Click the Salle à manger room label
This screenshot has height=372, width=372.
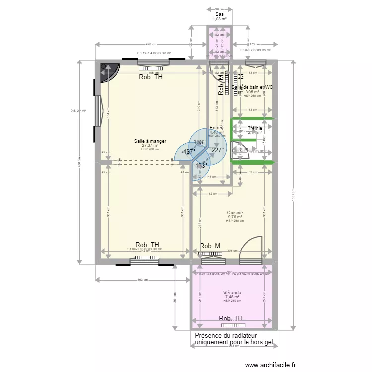pos(150,141)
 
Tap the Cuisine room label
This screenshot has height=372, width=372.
pos(235,212)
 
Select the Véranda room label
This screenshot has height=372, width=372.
pos(232,292)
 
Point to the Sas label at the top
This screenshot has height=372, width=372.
pos(219,14)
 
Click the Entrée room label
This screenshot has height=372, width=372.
pos(217,128)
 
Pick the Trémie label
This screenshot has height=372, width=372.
pos(255,128)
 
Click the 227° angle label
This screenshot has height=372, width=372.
pos(218,150)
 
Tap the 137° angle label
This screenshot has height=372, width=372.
pos(188,152)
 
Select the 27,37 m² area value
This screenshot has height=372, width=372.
pos(150,145)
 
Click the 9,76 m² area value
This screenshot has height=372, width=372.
pos(235,217)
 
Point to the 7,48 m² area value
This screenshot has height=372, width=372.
pos(232,297)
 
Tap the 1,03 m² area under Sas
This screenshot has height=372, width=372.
pos(219,19)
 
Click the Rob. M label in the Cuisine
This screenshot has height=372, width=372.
pos(210,246)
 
